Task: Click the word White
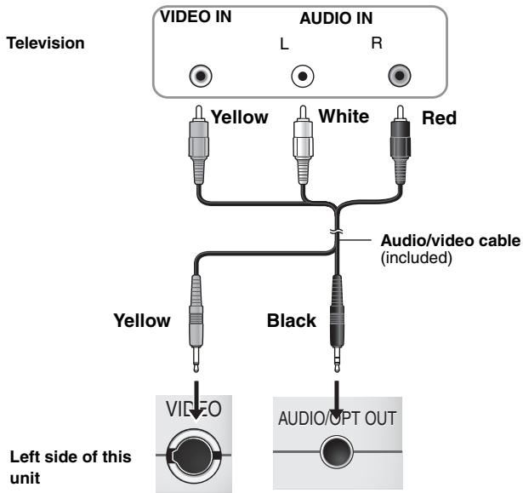pyautogui.click(x=344, y=117)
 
